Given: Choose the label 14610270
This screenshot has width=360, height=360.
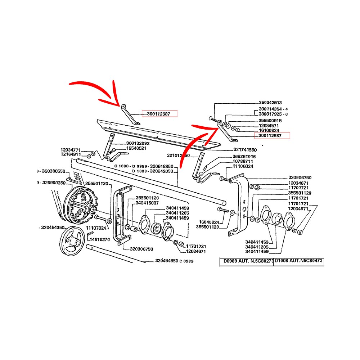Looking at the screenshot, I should [100, 239].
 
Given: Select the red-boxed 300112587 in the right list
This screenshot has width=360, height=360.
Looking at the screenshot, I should [272, 136].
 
